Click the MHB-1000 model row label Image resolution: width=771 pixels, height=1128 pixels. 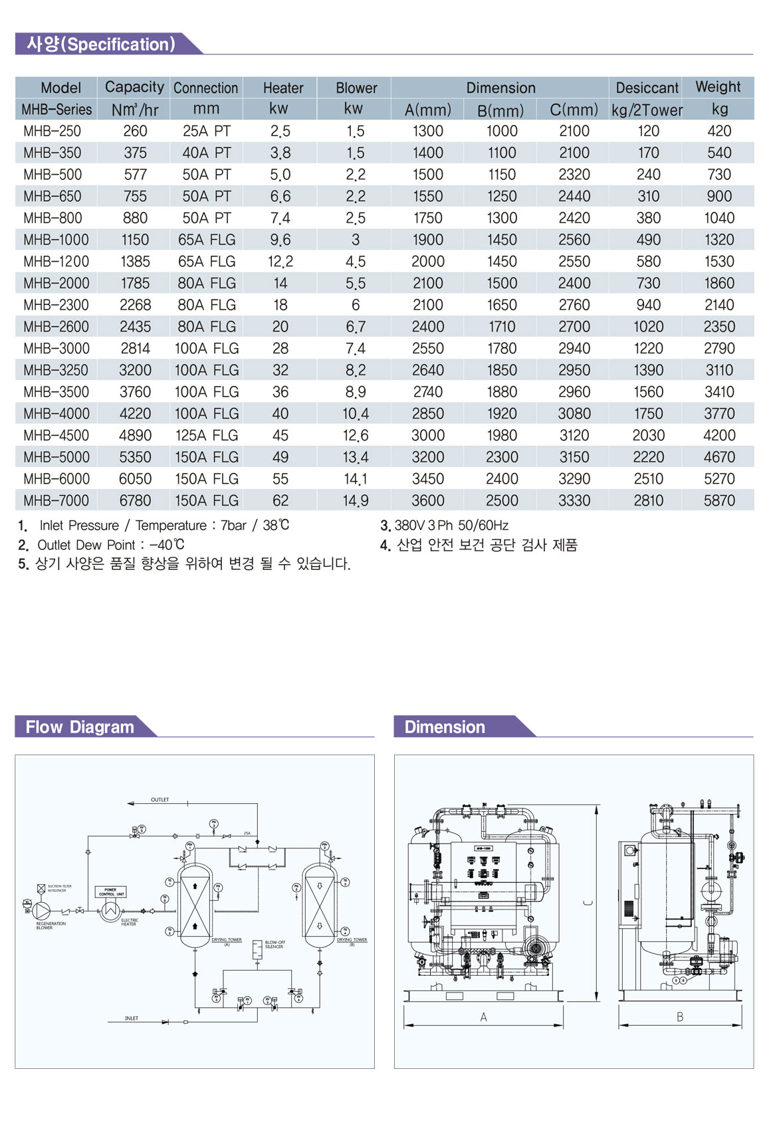[x=56, y=240]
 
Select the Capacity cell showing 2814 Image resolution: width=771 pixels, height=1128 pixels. [x=135, y=348]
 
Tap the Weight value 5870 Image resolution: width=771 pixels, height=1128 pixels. [x=719, y=500]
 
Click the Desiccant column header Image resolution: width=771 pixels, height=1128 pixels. [x=647, y=88]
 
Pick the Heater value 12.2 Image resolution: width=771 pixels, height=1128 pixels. [x=280, y=262]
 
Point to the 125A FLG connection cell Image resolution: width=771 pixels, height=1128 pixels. [x=206, y=435]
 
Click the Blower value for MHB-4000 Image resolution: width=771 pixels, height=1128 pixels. [x=355, y=414]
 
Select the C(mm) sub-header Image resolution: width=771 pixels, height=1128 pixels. [x=574, y=110]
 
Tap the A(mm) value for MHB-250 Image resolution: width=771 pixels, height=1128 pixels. [x=427, y=131]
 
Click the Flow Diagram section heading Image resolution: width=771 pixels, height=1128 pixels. [x=80, y=727]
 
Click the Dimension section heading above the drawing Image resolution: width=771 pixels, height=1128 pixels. [x=445, y=727]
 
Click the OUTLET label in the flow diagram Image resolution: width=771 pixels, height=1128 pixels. [x=160, y=800]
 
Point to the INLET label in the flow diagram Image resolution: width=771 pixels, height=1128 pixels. [x=132, y=1018]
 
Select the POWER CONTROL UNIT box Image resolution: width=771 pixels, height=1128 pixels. [x=111, y=892]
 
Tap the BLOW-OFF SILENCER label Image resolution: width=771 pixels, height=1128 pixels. [x=275, y=944]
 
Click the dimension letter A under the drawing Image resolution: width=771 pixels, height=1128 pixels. [x=483, y=1017]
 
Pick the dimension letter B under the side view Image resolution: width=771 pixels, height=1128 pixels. [x=679, y=1017]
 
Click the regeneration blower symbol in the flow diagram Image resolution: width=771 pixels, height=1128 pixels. [x=42, y=909]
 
